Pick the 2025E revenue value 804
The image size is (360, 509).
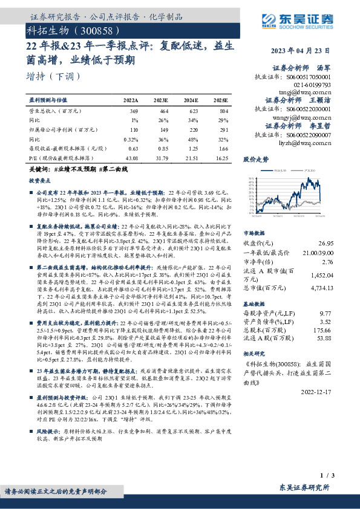(x=224, y=112)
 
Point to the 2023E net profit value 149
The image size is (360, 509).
(x=162, y=130)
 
